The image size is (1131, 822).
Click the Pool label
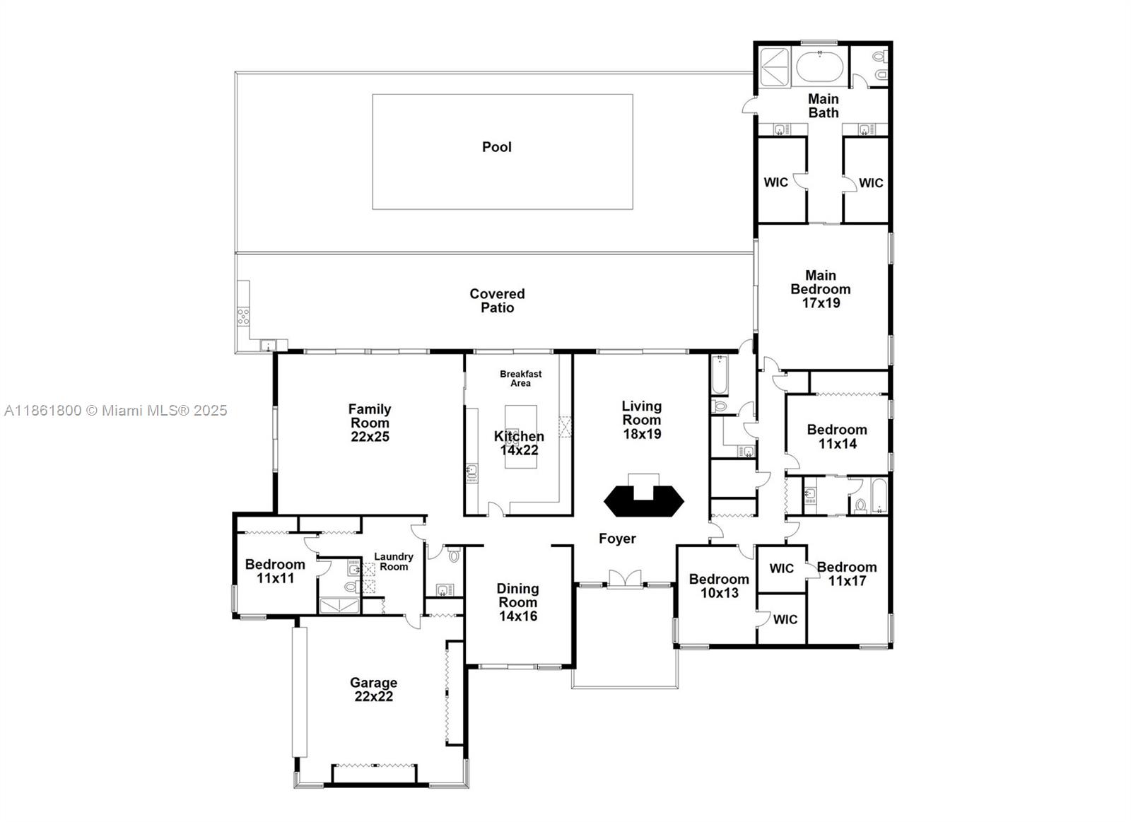pos(496,147)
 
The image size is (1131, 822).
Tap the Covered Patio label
pos(497,300)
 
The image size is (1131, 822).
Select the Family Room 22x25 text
pos(370,423)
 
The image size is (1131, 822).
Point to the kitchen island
pos(520,437)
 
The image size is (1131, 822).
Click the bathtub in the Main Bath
pos(819,68)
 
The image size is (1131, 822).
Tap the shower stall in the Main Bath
pos(774,67)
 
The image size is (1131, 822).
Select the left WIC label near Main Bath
pos(775,182)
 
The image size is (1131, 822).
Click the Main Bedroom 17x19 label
pos(820,289)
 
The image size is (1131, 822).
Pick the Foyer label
pos(617,539)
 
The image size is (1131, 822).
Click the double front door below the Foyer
pos(625,578)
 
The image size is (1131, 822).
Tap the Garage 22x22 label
pos(373,689)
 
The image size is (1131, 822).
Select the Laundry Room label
pos(394,562)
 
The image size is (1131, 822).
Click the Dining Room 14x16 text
pos(517,602)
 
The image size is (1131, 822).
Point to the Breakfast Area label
pos(520,378)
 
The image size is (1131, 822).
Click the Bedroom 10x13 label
pos(719,586)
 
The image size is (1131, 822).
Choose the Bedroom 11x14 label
pos(837,437)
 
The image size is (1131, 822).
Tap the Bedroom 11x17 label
pos(847,574)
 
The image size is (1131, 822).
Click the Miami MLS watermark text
pos(116,410)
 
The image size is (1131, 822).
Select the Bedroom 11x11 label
pos(275,571)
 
